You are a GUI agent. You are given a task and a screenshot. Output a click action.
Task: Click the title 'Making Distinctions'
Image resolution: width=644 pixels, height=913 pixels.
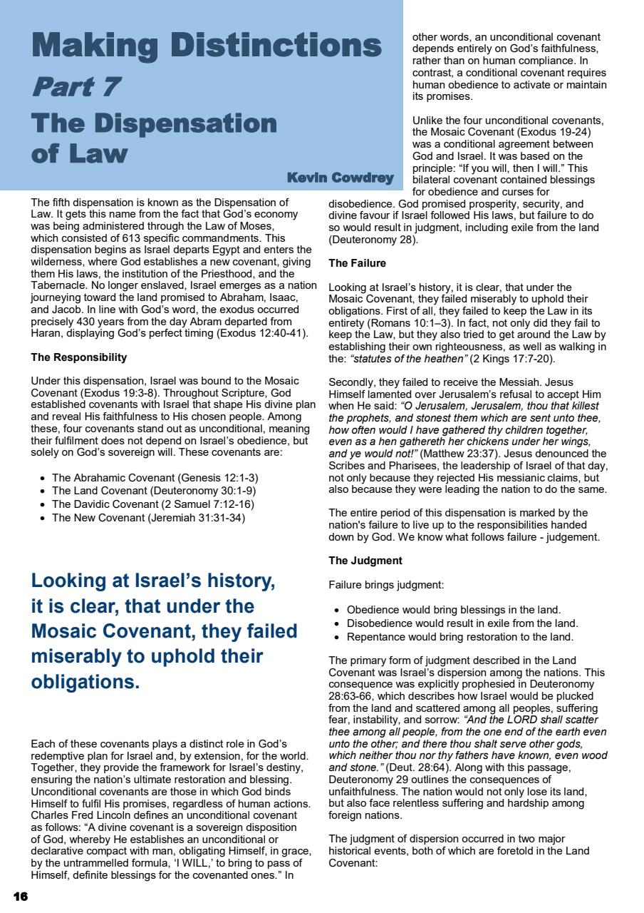(206, 45)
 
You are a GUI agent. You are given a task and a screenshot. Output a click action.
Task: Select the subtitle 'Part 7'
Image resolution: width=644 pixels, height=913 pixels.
(75, 87)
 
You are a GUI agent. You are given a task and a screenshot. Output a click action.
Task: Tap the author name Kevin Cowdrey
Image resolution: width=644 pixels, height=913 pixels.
(340, 177)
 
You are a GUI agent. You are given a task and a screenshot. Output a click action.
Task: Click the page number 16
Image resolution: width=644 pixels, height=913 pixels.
(20, 896)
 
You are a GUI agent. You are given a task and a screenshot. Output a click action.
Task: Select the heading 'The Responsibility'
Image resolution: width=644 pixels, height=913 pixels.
(79, 357)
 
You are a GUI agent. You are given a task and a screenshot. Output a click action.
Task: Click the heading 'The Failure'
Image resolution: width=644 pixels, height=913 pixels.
(357, 263)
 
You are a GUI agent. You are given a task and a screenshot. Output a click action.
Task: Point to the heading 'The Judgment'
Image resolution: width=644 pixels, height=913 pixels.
(365, 561)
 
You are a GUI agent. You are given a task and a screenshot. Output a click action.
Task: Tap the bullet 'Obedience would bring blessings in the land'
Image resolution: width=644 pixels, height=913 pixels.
(453, 610)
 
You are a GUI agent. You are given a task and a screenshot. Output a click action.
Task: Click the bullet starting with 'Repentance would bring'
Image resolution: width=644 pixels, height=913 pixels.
(459, 637)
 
